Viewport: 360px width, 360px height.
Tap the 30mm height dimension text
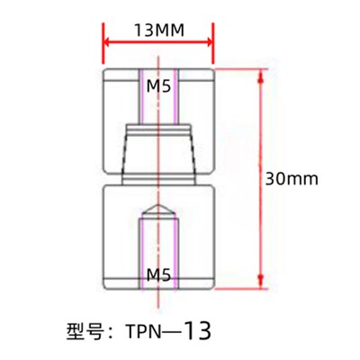coord(293,178)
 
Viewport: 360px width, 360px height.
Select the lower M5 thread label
coord(159,273)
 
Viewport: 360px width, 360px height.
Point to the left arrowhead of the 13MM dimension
coord(108,41)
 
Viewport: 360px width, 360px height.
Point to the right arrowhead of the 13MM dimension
coord(209,41)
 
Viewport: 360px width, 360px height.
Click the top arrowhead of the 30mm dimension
coord(261,74)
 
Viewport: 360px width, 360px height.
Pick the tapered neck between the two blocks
coord(159,153)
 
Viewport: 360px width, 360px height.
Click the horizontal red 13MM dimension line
coord(158,41)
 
